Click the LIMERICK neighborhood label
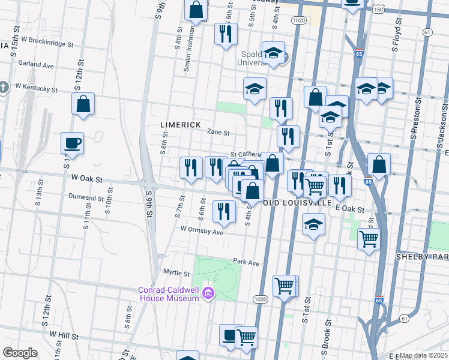click(x=180, y=124)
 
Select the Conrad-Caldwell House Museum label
click(x=168, y=293)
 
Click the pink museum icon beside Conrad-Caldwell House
click(x=208, y=293)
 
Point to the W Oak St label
click(x=88, y=179)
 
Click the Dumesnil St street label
click(x=87, y=196)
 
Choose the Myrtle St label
click(x=176, y=272)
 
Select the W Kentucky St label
click(x=36, y=88)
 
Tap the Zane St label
click(x=218, y=133)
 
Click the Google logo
click(x=20, y=353)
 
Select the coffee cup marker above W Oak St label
click(x=72, y=145)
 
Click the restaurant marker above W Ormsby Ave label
click(x=224, y=212)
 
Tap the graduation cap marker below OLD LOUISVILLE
click(x=313, y=227)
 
